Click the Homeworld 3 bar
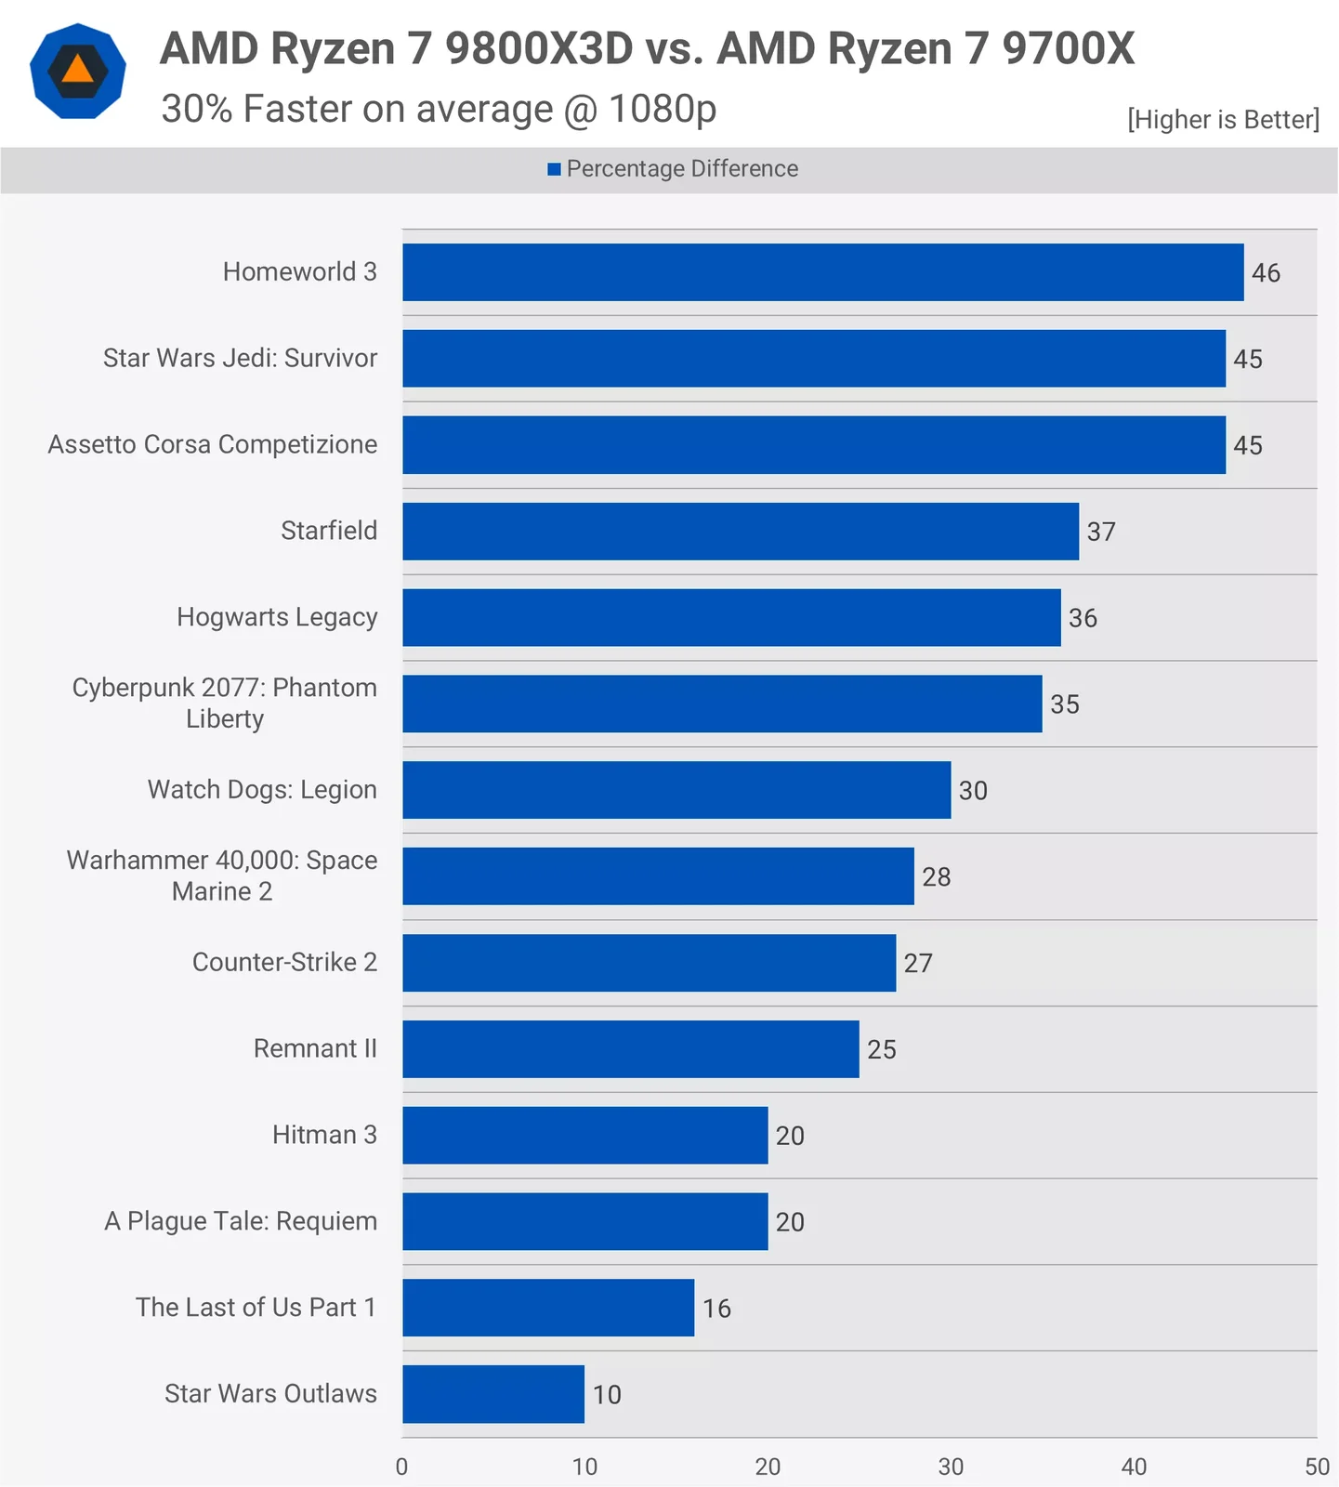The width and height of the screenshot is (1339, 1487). coord(822,272)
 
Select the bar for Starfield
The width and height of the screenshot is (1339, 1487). coord(741,532)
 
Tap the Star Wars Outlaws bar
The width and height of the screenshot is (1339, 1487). coord(493,1394)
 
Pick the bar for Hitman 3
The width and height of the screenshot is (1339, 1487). coord(585,1135)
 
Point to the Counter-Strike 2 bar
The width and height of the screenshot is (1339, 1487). coord(649,963)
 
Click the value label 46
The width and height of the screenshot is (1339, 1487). coord(1266,273)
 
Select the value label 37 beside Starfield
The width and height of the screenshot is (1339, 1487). coord(1101,532)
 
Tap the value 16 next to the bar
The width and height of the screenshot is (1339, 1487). coord(716,1309)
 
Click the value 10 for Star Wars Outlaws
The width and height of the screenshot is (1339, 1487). coord(607,1395)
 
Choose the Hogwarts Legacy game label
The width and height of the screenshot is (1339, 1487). coord(277,617)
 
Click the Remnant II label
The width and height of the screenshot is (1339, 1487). coord(315,1048)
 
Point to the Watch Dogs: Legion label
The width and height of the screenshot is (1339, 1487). coord(262,790)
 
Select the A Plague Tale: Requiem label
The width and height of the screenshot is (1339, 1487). coord(241,1221)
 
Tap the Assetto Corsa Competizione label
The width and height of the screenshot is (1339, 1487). coord(213,444)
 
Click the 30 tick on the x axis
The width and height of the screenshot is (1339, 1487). coord(951,1467)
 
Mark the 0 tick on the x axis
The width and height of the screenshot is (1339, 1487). coord(401,1467)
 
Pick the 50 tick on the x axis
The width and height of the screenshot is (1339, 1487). coord(1317,1467)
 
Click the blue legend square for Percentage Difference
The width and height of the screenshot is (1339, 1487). coord(554,169)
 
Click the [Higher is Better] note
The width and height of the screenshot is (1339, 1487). coord(1223,120)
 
